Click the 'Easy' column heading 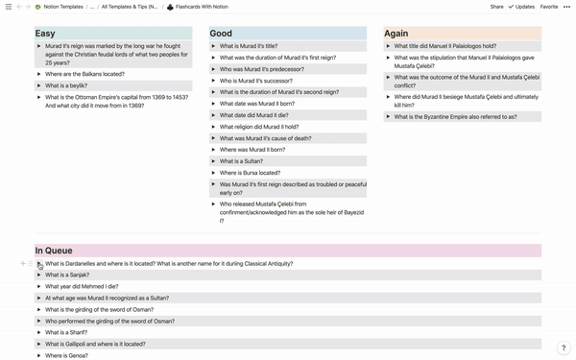coord(45,34)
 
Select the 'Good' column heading coord(221,34)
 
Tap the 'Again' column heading coord(396,34)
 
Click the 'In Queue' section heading coord(54,251)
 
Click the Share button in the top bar coord(496,7)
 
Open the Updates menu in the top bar coord(524,7)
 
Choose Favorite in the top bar coord(549,7)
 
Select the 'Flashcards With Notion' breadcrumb coord(201,7)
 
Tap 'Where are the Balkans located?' coord(83,74)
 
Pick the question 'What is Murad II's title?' coord(249,46)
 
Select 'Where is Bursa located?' coord(250,173)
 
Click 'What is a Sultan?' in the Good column coord(242,161)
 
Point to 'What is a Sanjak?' coord(66,275)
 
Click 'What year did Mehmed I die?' coord(82,286)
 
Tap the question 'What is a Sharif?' coord(66,332)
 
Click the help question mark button coord(564,348)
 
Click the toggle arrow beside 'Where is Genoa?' coord(39,355)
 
